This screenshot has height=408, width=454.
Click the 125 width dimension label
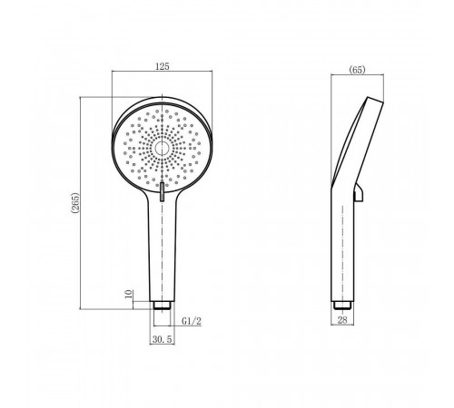pyautogui.click(x=163, y=66)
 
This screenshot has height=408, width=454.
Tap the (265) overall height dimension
pyautogui.click(x=75, y=203)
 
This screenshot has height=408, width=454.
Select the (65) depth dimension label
pyautogui.click(x=357, y=70)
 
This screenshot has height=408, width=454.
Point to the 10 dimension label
pyautogui.click(x=129, y=294)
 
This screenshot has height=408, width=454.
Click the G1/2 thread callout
pyautogui.click(x=192, y=321)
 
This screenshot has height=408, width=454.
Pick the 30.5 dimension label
pyautogui.click(x=163, y=339)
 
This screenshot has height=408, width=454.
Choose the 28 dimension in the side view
pyautogui.click(x=342, y=320)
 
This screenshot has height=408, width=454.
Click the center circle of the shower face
pyautogui.click(x=162, y=149)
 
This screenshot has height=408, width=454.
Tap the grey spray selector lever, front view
pyautogui.click(x=163, y=191)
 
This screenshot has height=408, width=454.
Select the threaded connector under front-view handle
pyautogui.click(x=162, y=305)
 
